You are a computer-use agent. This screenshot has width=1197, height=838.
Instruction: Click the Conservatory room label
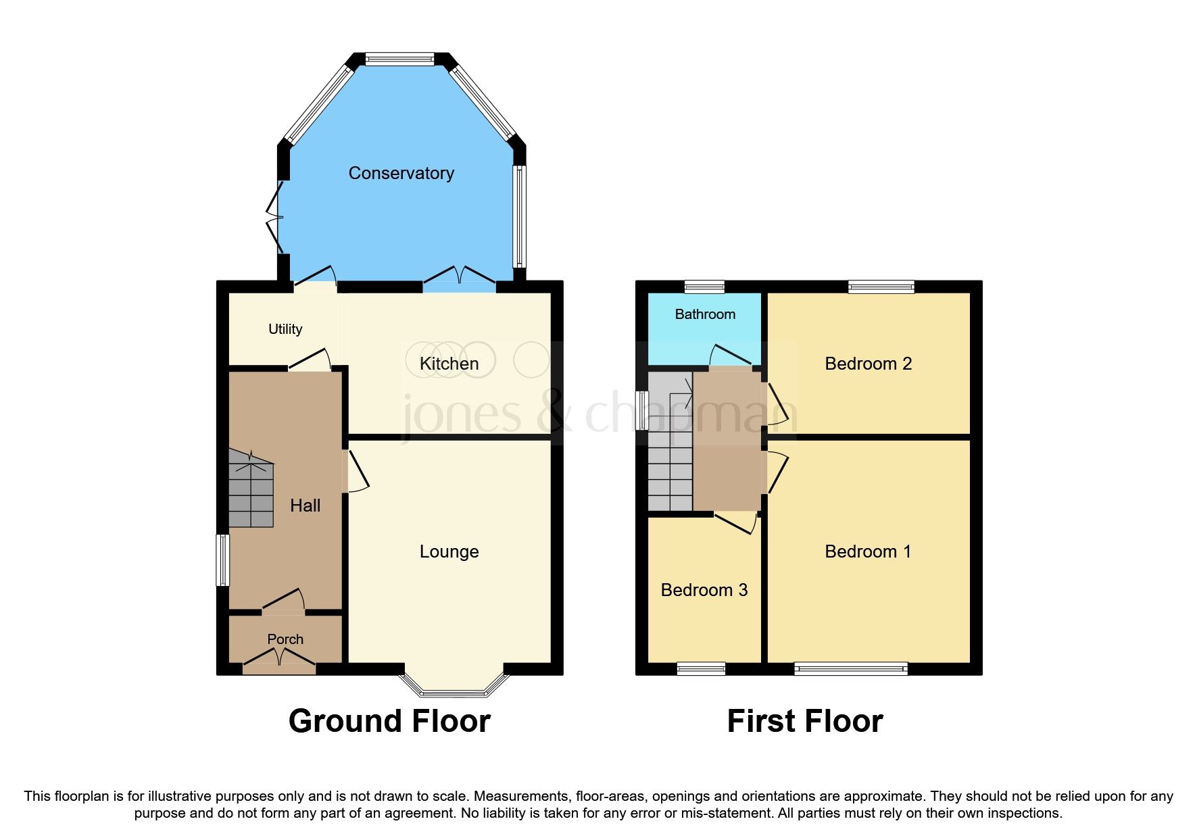(x=401, y=173)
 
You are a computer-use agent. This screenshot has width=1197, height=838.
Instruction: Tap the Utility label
(x=285, y=329)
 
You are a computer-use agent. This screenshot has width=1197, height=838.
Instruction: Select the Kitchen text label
(x=449, y=364)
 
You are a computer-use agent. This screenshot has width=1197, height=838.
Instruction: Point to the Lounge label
(x=449, y=551)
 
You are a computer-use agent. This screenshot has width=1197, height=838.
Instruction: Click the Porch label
(x=285, y=639)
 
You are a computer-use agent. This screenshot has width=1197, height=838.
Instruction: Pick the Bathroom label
(x=705, y=314)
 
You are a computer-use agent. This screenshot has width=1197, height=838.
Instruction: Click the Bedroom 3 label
(x=704, y=590)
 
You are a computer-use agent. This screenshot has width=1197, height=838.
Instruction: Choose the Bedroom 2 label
(x=868, y=364)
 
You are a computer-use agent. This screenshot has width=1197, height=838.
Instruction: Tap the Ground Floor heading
(x=389, y=721)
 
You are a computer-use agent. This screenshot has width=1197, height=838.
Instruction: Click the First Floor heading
(x=804, y=721)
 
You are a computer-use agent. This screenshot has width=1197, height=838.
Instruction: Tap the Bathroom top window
(x=704, y=287)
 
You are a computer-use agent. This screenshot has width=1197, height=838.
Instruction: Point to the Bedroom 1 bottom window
(x=850, y=669)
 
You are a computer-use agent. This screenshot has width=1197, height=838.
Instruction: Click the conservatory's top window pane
(x=399, y=59)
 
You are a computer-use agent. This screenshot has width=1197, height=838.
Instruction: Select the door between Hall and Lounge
(x=357, y=470)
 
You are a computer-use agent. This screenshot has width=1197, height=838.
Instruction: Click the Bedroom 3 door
(x=735, y=522)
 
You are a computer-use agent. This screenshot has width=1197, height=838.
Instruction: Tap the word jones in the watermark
(x=462, y=413)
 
